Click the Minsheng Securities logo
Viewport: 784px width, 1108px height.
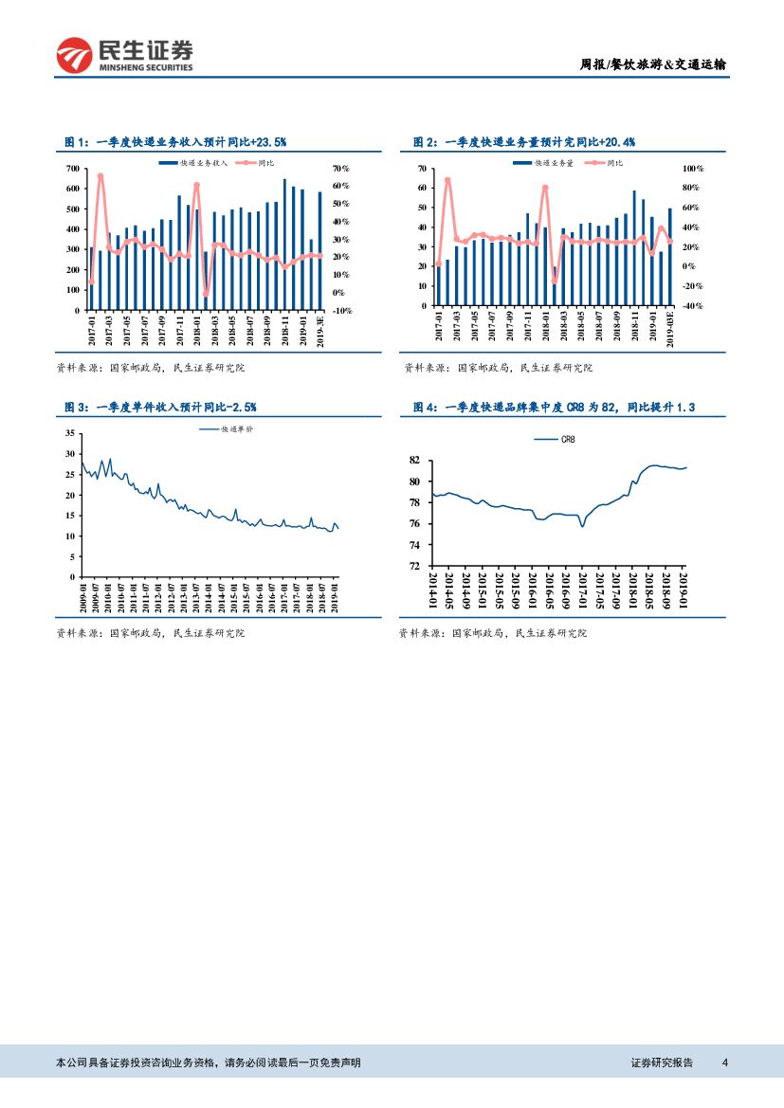point(124,55)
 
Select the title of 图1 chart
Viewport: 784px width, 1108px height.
point(175,141)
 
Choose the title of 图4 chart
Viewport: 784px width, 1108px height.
point(554,407)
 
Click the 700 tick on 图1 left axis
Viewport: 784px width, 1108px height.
point(72,169)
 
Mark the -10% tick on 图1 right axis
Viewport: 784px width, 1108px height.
point(342,310)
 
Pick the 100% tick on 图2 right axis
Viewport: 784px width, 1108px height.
point(693,168)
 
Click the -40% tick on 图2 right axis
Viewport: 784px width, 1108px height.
point(693,305)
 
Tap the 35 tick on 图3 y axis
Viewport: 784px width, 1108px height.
point(68,433)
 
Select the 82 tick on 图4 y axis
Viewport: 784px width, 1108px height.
point(413,461)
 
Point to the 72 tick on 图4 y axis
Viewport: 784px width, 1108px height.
point(413,566)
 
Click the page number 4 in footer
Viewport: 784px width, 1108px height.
point(725,1063)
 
